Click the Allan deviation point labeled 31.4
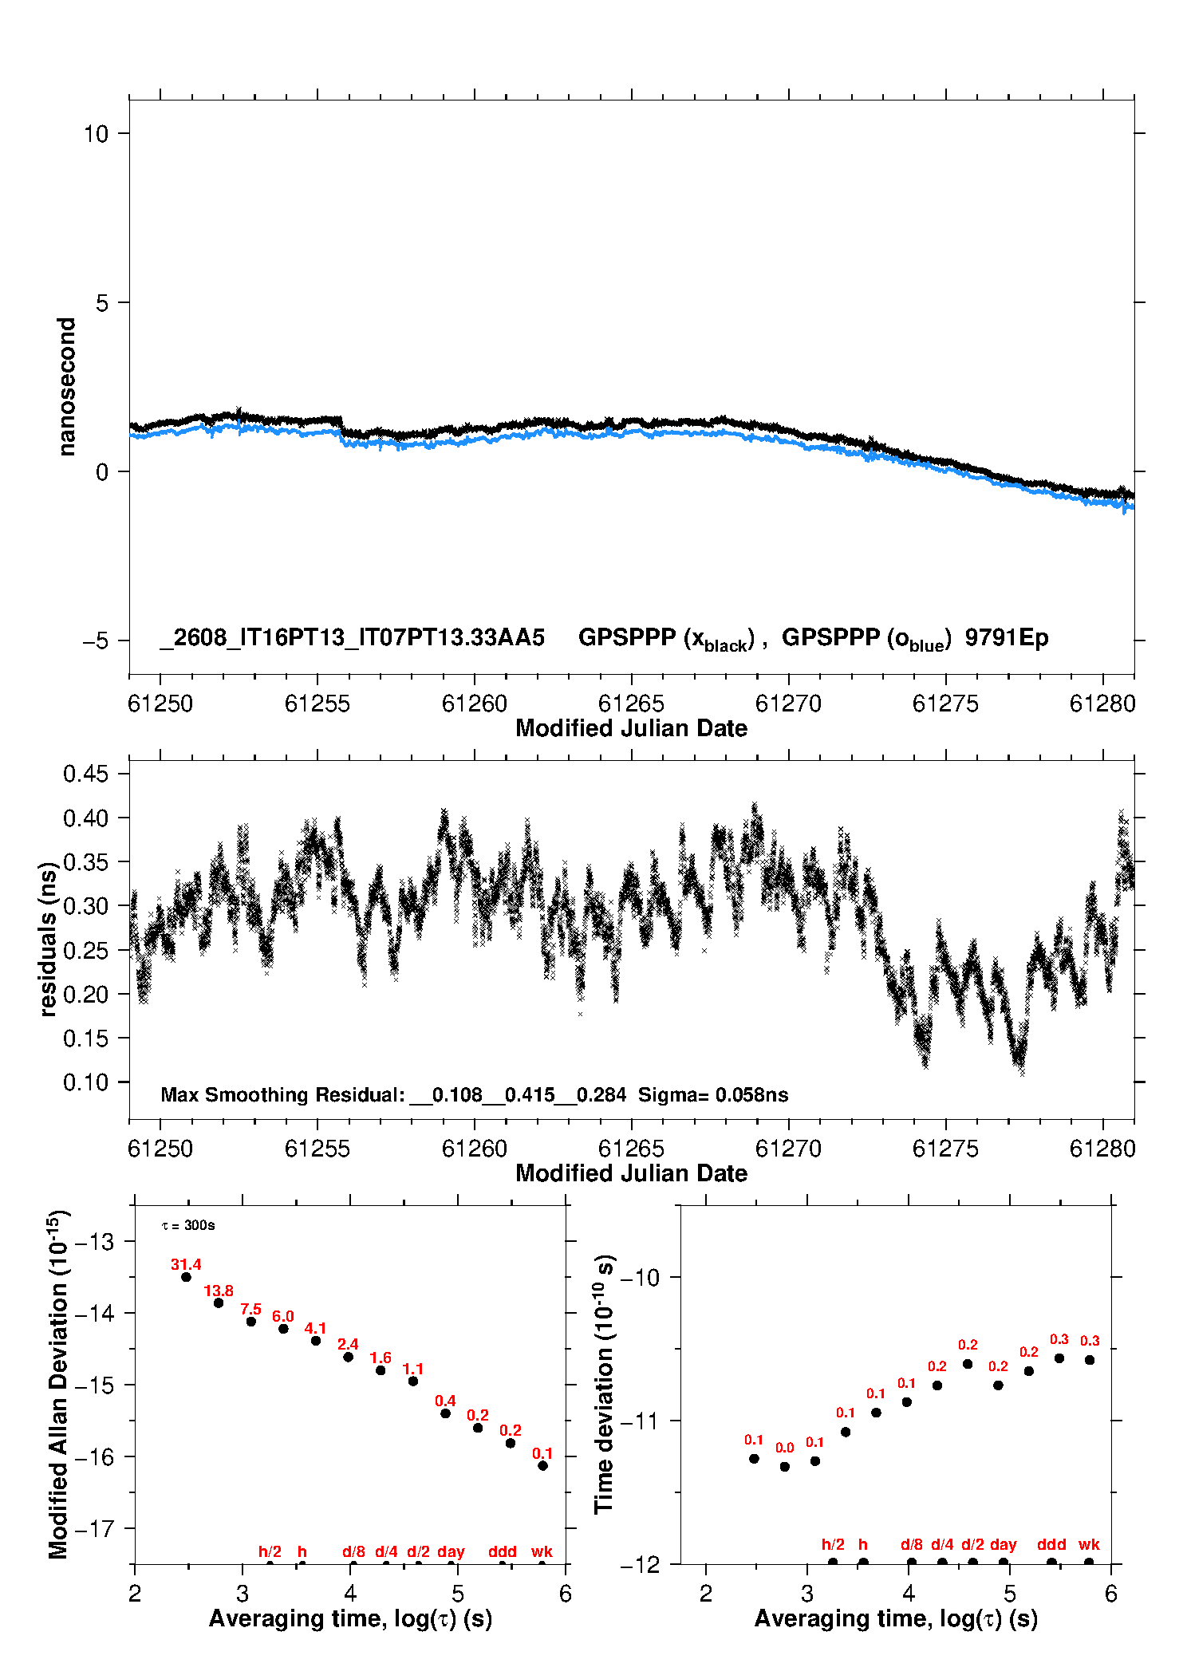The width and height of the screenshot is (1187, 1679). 186,1277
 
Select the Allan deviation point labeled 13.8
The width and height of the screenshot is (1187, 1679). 219,1303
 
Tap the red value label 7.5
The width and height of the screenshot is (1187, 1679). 250,1309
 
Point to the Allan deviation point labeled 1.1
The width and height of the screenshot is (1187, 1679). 413,1381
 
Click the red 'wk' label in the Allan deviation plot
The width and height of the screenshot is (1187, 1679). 542,1551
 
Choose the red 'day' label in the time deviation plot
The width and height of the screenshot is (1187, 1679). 1003,1544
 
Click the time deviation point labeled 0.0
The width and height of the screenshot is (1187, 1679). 785,1467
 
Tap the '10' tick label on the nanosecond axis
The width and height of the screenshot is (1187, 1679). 96,133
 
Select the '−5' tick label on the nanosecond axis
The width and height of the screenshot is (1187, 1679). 95,640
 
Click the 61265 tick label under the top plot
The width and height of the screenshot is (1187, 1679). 631,704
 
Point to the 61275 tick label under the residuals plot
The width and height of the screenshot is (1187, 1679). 945,1149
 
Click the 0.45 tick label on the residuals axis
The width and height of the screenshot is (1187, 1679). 85,774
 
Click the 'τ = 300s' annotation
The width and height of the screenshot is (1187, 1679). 188,1225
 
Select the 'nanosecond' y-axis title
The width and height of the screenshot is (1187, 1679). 66,387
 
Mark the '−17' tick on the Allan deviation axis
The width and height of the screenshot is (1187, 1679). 97,1528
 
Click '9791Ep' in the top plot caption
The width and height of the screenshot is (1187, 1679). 1007,637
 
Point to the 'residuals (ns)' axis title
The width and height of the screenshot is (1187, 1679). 49,939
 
